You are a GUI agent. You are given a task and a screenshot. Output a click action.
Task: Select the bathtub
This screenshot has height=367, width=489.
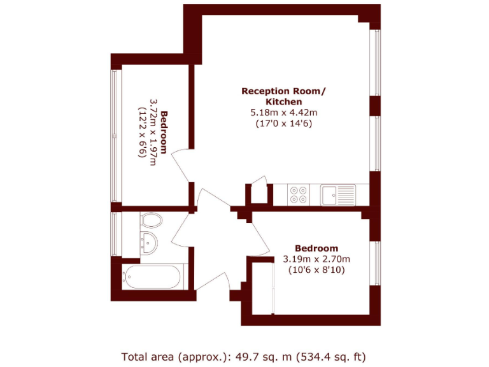click(x=153, y=277)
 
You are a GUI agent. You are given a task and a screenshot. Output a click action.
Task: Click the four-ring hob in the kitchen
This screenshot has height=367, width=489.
click(x=297, y=194)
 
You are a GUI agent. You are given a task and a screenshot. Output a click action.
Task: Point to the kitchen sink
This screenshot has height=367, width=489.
click(x=337, y=194)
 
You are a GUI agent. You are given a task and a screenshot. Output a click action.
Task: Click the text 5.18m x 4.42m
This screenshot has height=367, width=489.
click(x=283, y=113)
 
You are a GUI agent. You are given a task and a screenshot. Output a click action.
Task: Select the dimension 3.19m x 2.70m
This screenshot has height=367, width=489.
click(x=316, y=259)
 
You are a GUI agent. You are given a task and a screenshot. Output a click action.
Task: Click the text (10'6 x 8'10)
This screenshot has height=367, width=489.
click(x=316, y=270)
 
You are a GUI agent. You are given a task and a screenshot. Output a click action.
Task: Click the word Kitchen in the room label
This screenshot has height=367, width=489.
click(x=283, y=101)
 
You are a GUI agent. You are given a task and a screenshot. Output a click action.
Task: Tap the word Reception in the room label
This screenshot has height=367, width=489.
click(x=264, y=91)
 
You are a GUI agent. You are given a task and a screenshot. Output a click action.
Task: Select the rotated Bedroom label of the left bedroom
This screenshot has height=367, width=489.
click(x=164, y=132)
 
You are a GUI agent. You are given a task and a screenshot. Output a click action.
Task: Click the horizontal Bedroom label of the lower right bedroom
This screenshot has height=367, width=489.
click(x=316, y=248)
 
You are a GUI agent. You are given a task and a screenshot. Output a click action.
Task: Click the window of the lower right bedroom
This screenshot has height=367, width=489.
click(x=376, y=262)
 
